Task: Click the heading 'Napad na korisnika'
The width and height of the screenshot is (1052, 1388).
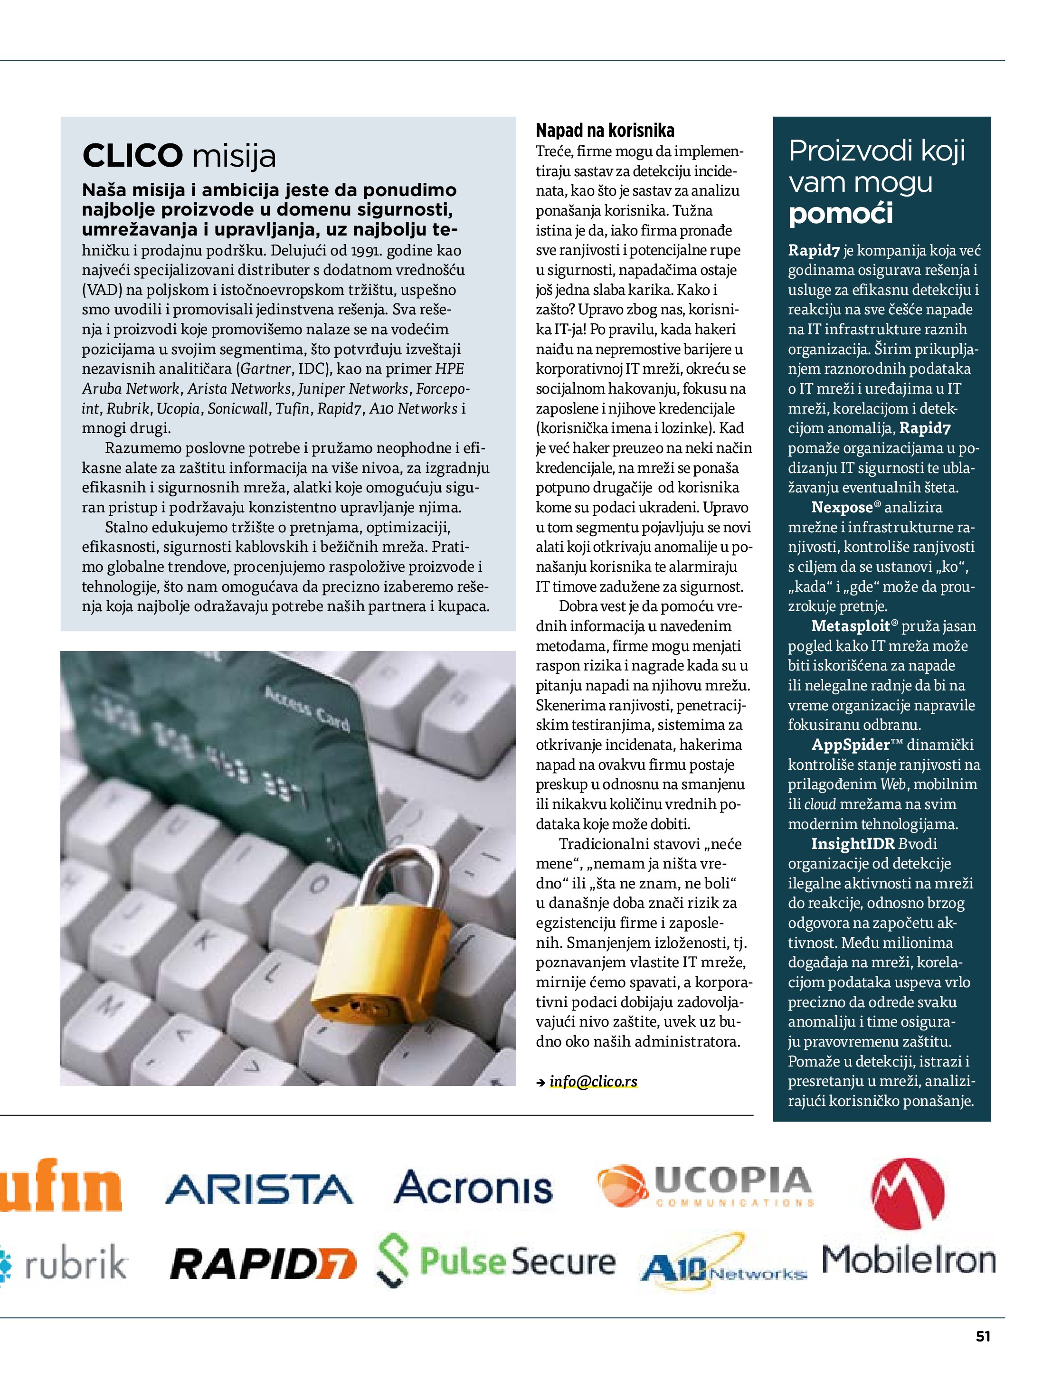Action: [605, 131]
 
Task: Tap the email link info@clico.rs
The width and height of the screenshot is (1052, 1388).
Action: [593, 1081]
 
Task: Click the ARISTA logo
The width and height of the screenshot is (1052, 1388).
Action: [258, 1189]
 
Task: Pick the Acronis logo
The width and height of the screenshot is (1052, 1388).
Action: [473, 1187]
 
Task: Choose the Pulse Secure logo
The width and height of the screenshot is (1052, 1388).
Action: [496, 1261]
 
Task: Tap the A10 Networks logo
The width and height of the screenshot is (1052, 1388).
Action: [723, 1265]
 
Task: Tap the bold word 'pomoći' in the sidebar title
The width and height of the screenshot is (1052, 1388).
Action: [841, 214]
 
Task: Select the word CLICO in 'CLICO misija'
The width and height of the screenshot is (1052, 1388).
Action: [133, 156]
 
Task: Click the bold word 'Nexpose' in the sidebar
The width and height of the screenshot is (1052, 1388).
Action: [842, 507]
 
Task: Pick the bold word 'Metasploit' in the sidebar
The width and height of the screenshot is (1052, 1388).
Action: [851, 625]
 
